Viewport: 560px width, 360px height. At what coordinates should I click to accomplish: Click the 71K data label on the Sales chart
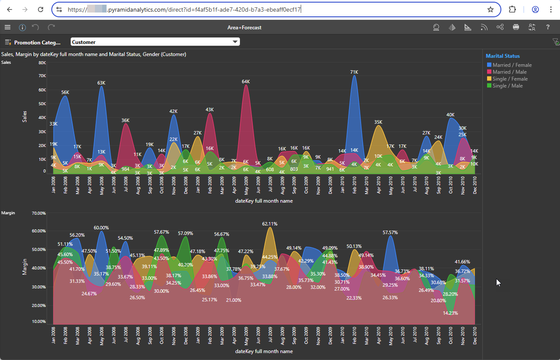354,72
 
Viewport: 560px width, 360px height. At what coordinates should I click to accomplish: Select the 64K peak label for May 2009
246,81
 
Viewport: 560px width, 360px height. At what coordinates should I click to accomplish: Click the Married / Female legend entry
512,65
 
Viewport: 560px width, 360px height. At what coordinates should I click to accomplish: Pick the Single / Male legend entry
507,86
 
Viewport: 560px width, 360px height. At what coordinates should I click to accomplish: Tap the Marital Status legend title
503,56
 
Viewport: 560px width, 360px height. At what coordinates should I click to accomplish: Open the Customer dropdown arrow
235,42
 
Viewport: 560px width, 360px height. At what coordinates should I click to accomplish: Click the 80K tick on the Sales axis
42,63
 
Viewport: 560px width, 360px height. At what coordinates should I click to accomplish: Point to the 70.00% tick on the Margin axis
38,213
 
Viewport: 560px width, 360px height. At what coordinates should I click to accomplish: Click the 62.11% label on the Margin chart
270,224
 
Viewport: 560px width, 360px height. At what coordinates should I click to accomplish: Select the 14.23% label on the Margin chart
450,313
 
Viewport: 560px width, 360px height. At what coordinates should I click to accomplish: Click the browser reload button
40,9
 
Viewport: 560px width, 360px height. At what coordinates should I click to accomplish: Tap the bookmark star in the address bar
491,9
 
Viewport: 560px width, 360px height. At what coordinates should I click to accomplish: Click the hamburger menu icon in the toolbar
7,27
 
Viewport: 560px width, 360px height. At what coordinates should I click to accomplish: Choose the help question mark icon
548,27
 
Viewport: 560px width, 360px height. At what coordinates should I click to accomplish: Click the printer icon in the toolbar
516,27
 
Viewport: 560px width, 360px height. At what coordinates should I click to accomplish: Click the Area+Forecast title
244,28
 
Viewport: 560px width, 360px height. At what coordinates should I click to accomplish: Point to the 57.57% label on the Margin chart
390,232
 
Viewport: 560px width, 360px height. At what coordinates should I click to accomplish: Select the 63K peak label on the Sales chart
101,83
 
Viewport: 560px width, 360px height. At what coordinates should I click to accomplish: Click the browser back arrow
9,9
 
